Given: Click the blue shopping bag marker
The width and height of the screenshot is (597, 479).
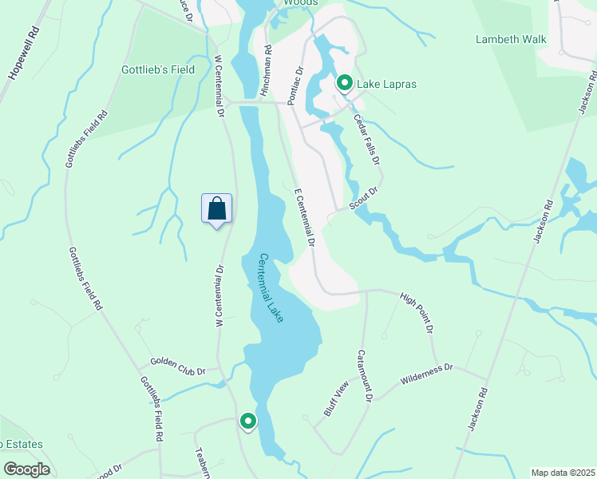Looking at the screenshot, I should pos(217,210).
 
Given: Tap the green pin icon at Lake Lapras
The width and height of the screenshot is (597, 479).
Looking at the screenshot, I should pos(345,83).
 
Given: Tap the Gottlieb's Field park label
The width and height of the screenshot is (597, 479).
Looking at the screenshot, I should pos(158,69).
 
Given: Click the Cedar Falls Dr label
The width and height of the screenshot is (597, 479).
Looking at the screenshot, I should pos(373,144).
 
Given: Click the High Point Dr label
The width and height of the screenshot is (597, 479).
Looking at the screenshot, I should pos(416,312).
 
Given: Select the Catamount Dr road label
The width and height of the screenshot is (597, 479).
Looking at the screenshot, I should pos(365,375).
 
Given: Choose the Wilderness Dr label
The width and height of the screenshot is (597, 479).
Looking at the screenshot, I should pos(427,372).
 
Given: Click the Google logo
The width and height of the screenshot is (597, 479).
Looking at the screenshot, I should pos(26,469).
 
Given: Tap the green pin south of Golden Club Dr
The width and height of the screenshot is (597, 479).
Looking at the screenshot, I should pos(248,421).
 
